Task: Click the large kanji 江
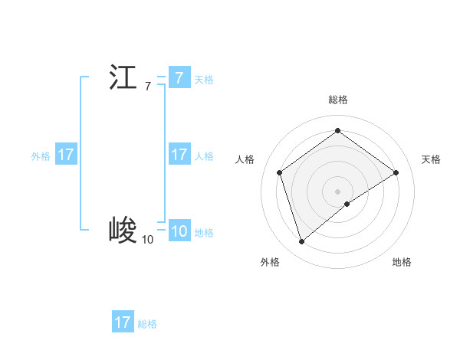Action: [123, 78]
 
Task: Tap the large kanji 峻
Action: [123, 230]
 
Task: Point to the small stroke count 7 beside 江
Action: [148, 87]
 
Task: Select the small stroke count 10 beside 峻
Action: [147, 240]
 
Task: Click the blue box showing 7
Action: [179, 78]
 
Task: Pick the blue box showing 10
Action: [179, 231]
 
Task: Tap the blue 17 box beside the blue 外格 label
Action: [66, 155]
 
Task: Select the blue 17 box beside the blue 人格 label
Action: [179, 155]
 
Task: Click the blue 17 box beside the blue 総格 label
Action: [123, 322]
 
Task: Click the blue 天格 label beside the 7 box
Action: [204, 80]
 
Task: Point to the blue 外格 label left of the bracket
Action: [41, 156]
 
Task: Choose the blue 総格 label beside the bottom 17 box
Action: [147, 324]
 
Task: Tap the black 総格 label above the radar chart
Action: [338, 100]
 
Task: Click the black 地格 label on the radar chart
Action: [402, 262]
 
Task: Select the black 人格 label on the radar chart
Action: [245, 159]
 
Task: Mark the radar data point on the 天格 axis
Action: [396, 172]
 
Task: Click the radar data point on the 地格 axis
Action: [347, 204]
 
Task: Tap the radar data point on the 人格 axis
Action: [280, 172]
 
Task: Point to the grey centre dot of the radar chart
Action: [338, 191]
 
